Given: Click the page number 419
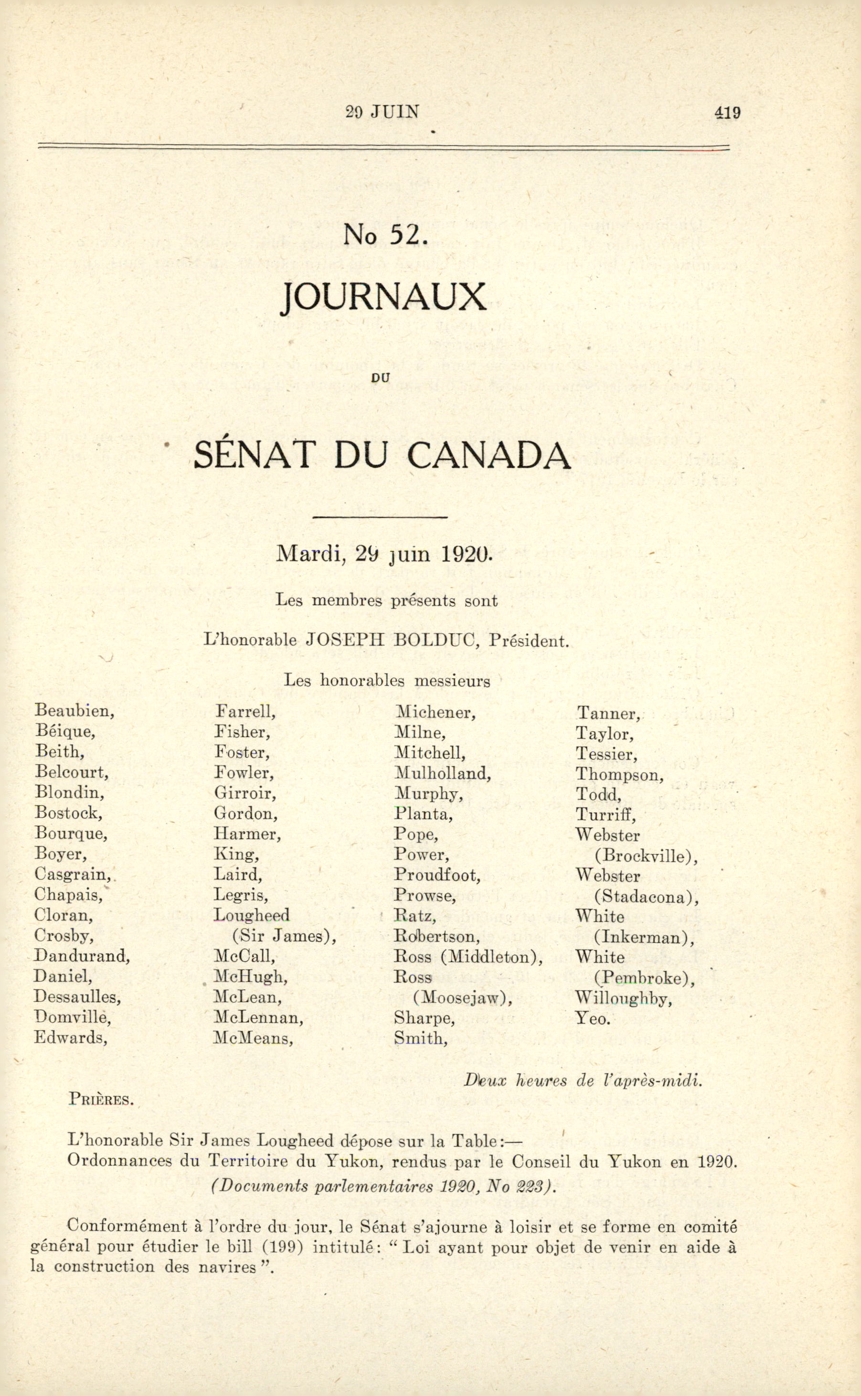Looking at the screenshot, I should tap(727, 112).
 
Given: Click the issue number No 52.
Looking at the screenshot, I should tap(385, 234).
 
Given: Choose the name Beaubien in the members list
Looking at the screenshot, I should tap(74, 711).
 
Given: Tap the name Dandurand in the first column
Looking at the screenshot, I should tap(82, 955).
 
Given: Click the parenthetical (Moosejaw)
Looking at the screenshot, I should tap(462, 997).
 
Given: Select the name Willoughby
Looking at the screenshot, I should tap(624, 998).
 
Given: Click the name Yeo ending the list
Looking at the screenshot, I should tap(592, 1018).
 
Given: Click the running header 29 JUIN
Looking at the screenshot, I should tap(383, 112).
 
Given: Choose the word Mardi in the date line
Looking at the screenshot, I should tap(310, 554).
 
